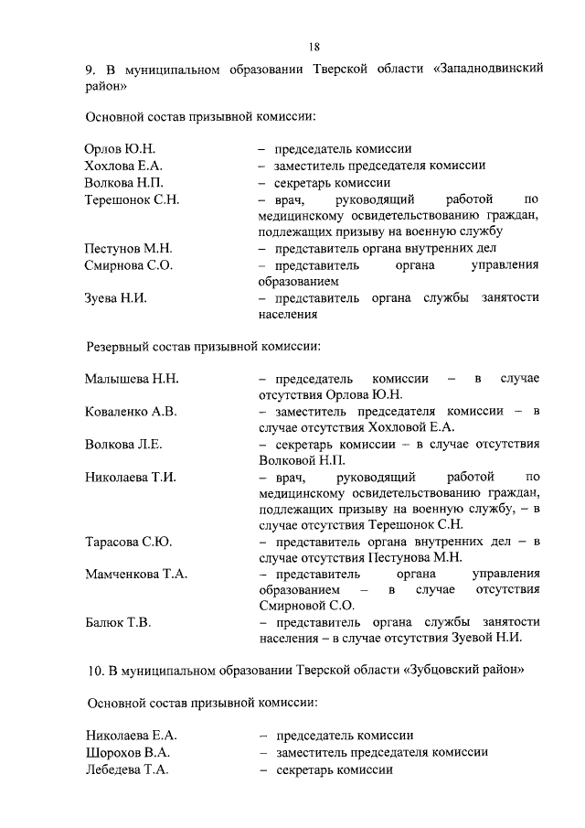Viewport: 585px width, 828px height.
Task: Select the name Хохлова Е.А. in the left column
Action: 123,166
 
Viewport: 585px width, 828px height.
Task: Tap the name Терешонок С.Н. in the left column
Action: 132,199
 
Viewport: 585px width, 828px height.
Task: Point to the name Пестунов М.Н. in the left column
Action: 129,248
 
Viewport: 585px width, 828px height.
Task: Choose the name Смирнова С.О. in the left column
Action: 129,265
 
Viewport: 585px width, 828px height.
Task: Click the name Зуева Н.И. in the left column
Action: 116,298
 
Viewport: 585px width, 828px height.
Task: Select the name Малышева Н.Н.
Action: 132,379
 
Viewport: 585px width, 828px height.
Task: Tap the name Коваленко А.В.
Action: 131,412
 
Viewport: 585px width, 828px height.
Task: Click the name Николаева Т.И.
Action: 131,478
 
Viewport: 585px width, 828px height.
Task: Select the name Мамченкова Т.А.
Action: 136,575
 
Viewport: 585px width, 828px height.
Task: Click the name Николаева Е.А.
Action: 131,736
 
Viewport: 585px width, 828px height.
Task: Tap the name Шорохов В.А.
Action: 127,752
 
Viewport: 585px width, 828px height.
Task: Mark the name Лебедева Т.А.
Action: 127,769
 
